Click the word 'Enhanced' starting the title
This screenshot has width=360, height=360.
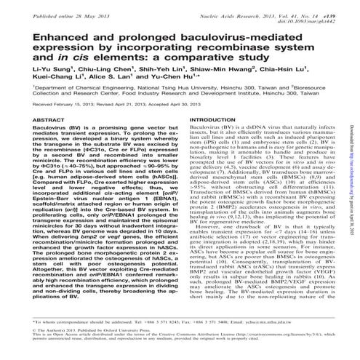[45, 36]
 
